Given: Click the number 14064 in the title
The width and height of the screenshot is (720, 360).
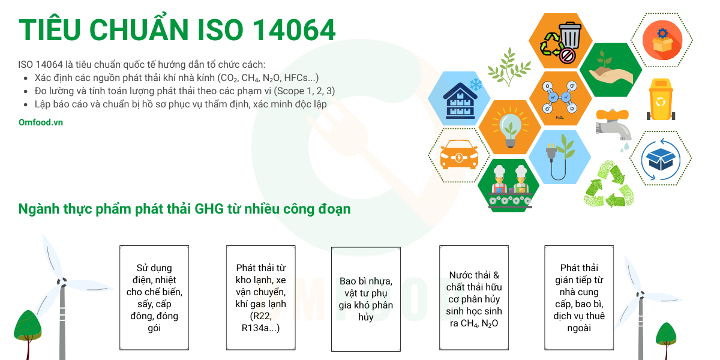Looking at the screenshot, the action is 294,30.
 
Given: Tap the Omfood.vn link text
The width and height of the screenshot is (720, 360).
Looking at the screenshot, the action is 41,122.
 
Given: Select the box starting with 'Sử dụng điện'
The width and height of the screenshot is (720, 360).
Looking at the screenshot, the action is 154,298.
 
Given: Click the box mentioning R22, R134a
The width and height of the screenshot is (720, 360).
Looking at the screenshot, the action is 260,298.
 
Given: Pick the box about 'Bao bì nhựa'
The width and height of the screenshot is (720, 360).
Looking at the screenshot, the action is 366,299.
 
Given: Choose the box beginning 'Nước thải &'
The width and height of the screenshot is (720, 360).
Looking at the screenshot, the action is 474,298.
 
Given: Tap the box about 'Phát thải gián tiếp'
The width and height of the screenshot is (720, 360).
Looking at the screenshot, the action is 579,298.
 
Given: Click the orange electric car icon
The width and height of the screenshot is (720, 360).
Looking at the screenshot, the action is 459,155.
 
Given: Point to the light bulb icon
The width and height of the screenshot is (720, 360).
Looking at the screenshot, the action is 510,128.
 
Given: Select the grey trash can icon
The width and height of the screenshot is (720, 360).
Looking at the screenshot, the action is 570,35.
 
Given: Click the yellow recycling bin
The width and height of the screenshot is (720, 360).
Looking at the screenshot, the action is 661,100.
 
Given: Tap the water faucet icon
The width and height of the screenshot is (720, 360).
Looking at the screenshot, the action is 613,126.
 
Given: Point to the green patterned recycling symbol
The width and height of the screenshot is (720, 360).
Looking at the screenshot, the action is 608,184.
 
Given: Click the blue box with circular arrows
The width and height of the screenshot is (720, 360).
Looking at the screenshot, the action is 661,159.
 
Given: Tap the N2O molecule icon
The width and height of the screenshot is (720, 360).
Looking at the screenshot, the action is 560,97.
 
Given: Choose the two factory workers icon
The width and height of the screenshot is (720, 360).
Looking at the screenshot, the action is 509,187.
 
